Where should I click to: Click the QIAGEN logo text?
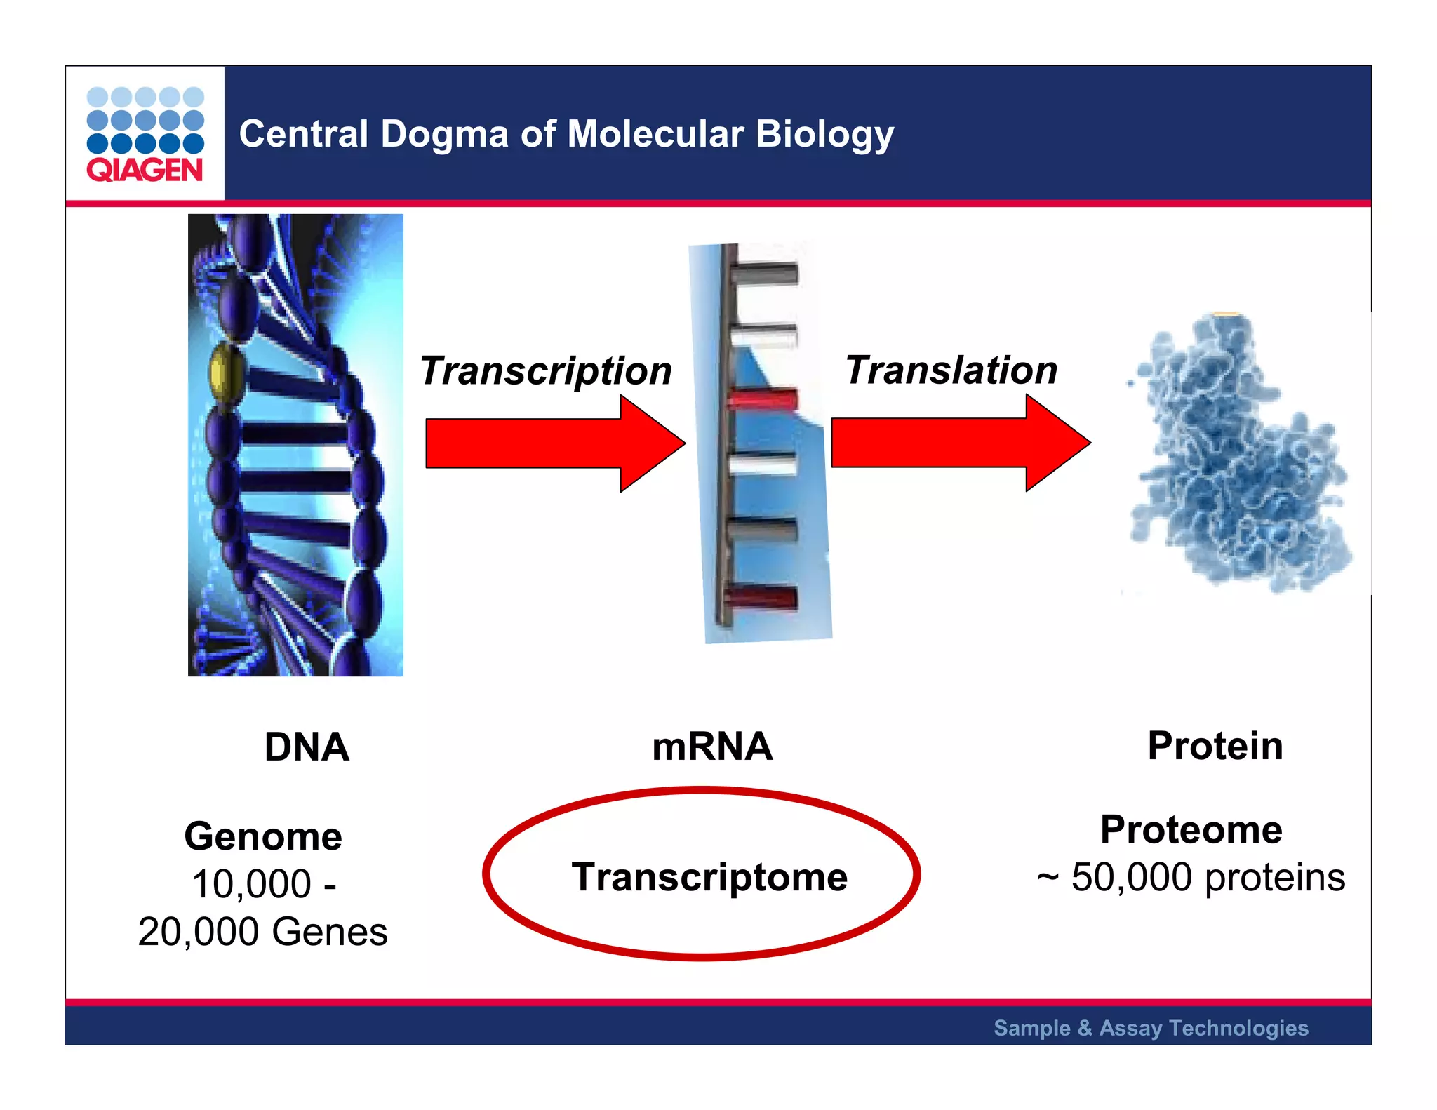click(145, 170)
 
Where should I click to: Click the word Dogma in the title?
click(444, 134)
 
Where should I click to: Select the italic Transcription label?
click(546, 370)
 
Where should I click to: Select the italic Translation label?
click(951, 370)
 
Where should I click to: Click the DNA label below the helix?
click(307, 747)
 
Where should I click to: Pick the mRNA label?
click(712, 747)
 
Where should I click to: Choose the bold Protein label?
click(1215, 745)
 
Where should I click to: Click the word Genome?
click(263, 836)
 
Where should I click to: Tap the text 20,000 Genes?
click(263, 932)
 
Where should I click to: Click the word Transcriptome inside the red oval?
click(709, 877)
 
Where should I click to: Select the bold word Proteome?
click(1191, 830)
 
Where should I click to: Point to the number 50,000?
click(1131, 878)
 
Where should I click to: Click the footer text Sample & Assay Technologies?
click(1151, 1028)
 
